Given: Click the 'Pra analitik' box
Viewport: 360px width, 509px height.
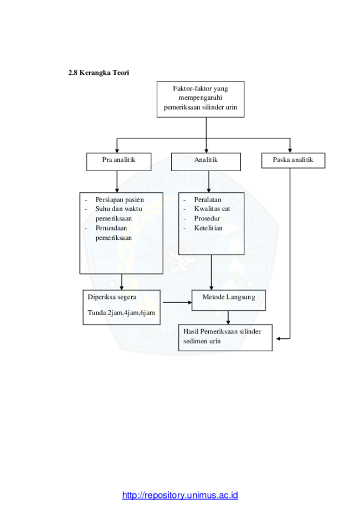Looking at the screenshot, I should [119, 161].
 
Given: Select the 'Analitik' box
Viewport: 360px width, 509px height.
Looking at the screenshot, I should [205, 161].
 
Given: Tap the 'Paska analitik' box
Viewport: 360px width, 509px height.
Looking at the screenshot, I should [292, 161].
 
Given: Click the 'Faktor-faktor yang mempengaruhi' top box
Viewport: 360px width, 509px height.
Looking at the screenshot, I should [200, 98].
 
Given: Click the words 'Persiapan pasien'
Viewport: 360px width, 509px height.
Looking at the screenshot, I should [119, 199].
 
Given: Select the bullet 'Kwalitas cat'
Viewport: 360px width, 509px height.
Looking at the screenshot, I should [212, 209].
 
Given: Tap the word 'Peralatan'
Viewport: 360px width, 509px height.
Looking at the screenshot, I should [208, 199].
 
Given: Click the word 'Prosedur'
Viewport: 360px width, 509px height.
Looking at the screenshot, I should [207, 218].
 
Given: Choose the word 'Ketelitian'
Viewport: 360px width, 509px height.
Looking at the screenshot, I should [208, 228].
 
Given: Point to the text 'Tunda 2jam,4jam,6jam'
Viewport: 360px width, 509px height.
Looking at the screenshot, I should [121, 313].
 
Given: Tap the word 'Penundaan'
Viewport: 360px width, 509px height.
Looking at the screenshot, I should [111, 228].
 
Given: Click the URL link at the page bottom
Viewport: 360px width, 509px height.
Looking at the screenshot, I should [180, 495].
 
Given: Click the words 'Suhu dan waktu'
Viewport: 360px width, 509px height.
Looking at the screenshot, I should [119, 209].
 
